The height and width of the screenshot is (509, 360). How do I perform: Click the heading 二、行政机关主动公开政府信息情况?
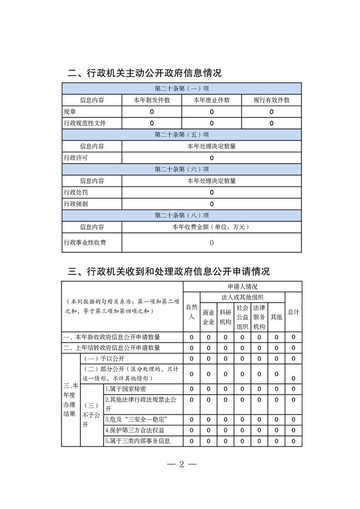pos(144,73)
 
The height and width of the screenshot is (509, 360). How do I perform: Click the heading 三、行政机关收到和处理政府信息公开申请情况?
pos(168,271)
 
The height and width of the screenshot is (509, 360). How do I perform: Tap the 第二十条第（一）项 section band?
pos(182,88)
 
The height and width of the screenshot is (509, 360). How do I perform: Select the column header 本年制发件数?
pos(152,100)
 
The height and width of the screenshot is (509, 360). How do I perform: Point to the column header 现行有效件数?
pos(271,100)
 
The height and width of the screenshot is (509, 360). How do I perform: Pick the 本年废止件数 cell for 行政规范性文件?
pos(212,123)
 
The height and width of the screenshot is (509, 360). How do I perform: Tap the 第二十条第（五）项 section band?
pos(182,135)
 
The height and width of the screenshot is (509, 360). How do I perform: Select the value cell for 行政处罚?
pos(212,192)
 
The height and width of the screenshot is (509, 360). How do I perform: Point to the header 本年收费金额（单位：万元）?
pos(212,227)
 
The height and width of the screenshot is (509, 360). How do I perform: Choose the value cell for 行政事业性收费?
pos(212,243)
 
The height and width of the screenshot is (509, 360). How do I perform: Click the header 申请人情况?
pos(242,287)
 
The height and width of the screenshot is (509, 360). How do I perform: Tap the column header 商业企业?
pos(208,317)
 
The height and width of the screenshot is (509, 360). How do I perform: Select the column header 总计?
pos(293,312)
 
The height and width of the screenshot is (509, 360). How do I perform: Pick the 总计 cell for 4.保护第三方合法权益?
pos(293,430)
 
